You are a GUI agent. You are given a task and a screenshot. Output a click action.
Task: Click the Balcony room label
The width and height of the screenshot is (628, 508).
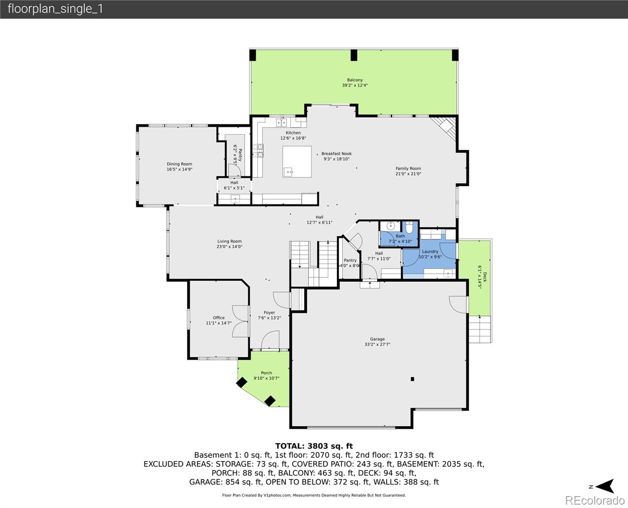(355, 80)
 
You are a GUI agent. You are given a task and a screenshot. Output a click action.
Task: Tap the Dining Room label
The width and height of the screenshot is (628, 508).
(179, 164)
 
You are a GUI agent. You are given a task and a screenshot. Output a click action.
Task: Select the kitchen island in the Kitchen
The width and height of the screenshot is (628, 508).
(297, 162)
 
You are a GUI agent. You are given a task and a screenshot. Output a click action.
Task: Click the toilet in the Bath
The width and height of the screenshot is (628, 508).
(409, 227)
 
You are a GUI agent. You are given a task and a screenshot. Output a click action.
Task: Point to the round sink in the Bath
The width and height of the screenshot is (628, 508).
(391, 226)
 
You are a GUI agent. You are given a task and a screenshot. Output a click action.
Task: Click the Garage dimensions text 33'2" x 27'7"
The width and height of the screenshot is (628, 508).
(377, 344)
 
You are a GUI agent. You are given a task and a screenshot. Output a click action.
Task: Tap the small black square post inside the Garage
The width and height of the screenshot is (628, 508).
(413, 379)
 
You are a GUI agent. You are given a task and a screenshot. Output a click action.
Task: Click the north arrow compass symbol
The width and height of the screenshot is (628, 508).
(606, 486)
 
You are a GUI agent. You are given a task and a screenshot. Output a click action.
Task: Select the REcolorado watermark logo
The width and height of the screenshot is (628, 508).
(595, 500)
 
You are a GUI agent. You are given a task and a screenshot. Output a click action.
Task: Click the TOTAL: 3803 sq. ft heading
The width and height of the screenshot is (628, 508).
(314, 446)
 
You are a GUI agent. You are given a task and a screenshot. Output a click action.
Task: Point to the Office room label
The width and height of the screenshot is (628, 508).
(219, 317)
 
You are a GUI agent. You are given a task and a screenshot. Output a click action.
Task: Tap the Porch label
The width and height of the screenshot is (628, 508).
(267, 373)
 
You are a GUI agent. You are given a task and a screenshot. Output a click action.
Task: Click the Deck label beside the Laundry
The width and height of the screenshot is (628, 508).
(485, 277)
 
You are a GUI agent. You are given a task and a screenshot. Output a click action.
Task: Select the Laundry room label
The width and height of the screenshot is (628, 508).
(430, 251)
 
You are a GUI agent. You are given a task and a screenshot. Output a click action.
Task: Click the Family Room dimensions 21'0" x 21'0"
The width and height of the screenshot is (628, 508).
(408, 174)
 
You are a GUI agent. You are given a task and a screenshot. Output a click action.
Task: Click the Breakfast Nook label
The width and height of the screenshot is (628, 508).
(337, 154)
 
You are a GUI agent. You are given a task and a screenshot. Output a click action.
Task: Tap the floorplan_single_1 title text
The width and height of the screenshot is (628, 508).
(55, 9)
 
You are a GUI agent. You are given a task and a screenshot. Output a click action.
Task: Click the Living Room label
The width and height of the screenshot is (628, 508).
(229, 241)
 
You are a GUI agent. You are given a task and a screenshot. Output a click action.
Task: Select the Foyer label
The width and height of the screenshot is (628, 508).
(270, 312)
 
